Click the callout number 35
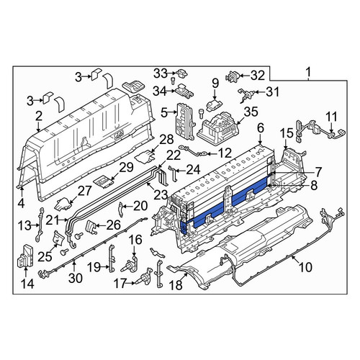pos(251,112)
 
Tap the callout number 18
pos(176,285)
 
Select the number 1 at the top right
pos(308,72)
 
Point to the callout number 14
pos(27,284)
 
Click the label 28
pos(166,140)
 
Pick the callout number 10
pos(305,267)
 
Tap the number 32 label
pos(258,76)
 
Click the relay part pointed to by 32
pos(232,76)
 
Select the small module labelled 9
pos(215,104)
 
